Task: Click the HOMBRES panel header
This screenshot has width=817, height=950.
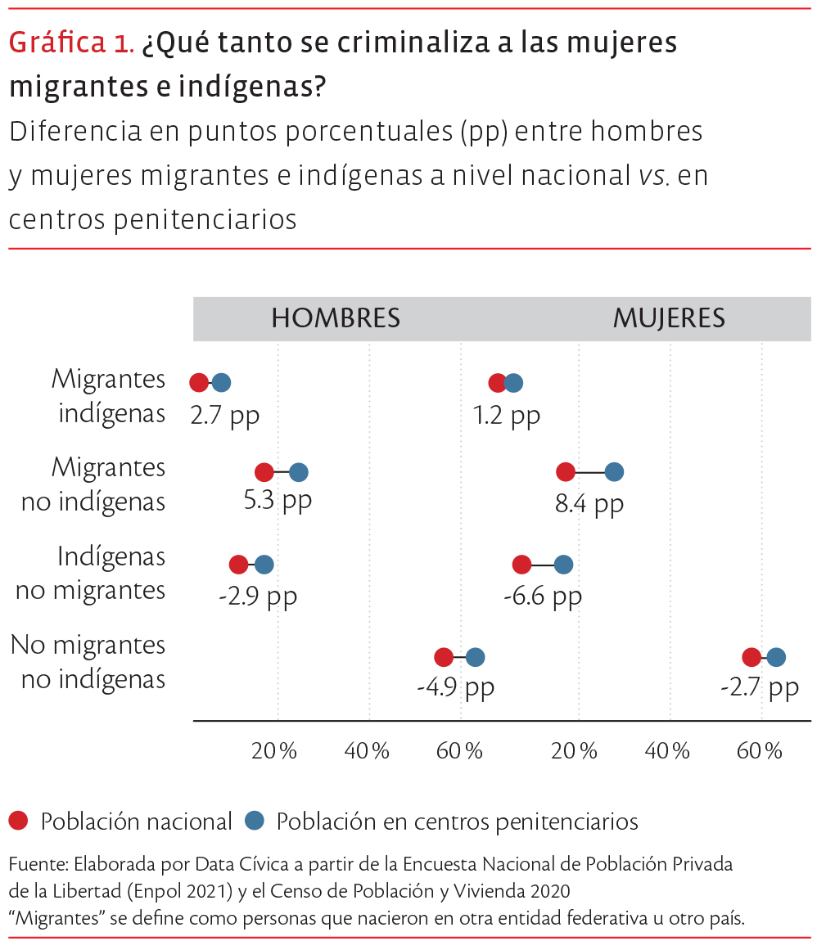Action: (336, 318)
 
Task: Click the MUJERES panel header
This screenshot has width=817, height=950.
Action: (669, 318)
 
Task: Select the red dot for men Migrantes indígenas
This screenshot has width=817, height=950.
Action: (199, 383)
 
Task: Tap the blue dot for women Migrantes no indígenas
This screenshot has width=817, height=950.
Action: (614, 472)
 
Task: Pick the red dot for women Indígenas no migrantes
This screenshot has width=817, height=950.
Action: (521, 565)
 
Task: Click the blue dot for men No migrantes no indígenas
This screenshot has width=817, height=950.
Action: (475, 657)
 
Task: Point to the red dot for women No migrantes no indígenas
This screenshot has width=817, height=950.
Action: (752, 657)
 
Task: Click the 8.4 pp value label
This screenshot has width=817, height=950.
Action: (589, 503)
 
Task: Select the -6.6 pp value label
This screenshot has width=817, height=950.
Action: (543, 596)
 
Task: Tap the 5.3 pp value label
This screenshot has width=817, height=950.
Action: (278, 499)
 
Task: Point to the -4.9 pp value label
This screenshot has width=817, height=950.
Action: (455, 687)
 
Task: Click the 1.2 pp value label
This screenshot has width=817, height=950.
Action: (507, 415)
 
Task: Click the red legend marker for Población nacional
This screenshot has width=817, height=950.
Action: (19, 820)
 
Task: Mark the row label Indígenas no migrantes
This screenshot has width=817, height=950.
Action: (91, 573)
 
